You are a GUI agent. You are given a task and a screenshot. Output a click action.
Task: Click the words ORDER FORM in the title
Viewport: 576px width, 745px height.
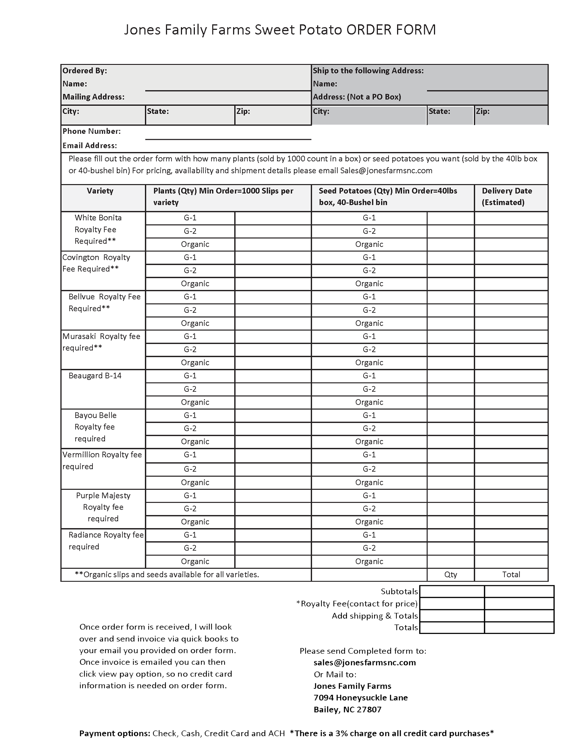tap(391, 30)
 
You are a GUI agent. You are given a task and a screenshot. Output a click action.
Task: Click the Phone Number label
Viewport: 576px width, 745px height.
tap(91, 131)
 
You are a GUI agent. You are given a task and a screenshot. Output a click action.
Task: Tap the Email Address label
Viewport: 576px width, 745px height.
tap(89, 146)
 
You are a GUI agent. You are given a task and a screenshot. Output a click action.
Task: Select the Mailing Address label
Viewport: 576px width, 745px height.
tap(93, 97)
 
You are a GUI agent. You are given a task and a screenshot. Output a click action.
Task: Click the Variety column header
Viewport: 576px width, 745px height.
tap(100, 191)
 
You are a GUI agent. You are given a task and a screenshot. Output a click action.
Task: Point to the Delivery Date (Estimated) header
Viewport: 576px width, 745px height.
tap(507, 196)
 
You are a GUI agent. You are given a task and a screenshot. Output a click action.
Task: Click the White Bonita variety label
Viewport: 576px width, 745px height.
tap(98, 218)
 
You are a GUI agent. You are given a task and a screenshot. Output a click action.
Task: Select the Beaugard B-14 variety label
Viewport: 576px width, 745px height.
tap(95, 376)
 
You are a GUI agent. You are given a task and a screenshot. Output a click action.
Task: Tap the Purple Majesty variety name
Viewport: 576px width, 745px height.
tap(103, 496)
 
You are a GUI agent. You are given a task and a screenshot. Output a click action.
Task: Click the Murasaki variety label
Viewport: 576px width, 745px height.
tap(79, 337)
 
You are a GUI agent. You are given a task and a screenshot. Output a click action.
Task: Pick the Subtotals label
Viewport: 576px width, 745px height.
tap(399, 592)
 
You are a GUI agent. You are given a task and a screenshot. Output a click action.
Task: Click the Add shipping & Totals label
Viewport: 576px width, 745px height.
tap(375, 616)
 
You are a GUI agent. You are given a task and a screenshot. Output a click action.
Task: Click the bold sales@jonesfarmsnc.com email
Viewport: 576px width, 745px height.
tap(365, 663)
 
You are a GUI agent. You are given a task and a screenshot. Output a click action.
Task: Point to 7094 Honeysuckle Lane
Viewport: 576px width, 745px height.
tap(361, 698)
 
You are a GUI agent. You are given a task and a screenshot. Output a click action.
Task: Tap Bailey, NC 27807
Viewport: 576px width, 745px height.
tap(347, 710)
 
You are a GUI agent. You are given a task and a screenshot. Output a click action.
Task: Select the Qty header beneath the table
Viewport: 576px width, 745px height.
tap(450, 575)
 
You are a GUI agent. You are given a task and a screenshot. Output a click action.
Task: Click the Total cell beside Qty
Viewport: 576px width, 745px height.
tap(511, 575)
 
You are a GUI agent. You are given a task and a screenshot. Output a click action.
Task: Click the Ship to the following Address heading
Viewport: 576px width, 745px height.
tap(368, 71)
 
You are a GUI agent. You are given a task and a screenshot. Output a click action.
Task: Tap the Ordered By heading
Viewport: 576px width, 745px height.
tap(85, 71)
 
